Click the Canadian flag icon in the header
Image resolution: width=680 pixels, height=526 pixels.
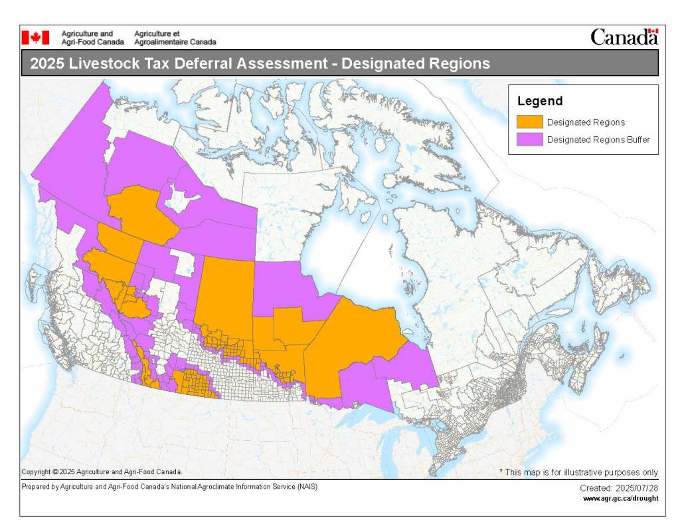35,37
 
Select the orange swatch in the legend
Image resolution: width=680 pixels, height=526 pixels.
529,122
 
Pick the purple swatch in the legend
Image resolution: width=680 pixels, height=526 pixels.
529,140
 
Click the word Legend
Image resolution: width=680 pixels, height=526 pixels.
539,102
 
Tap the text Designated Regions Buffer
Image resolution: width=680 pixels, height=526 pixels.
598,140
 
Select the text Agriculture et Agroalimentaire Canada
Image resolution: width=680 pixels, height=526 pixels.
175,37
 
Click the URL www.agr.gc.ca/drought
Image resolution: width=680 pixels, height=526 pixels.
620,498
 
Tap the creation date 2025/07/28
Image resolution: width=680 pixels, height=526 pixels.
637,488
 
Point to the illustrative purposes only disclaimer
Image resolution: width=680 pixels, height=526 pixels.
578,472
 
